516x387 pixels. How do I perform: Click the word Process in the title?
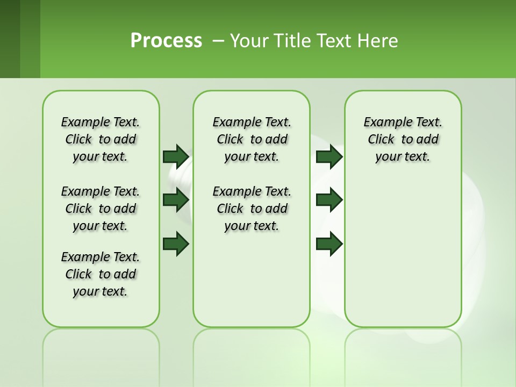coord(166,41)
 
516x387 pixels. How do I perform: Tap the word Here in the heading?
coord(378,41)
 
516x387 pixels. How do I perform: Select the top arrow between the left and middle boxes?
coord(176,156)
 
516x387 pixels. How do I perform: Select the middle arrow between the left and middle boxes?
coord(176,200)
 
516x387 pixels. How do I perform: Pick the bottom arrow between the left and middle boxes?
coord(176,243)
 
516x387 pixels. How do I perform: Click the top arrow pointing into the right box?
coord(329,156)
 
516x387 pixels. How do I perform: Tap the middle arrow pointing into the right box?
coord(329,200)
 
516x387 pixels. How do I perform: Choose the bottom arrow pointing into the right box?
coord(329,243)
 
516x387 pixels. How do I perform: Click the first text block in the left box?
coord(101,139)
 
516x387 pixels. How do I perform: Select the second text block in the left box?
coord(101,209)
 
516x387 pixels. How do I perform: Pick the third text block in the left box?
coord(101,274)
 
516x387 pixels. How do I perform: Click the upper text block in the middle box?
coord(252,139)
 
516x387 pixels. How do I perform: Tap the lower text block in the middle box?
coord(252,209)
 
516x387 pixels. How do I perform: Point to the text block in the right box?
coord(403,139)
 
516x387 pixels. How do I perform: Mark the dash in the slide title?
coord(218,41)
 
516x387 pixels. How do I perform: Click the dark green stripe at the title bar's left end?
coord(10,39)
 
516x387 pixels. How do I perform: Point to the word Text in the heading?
coord(334,41)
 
